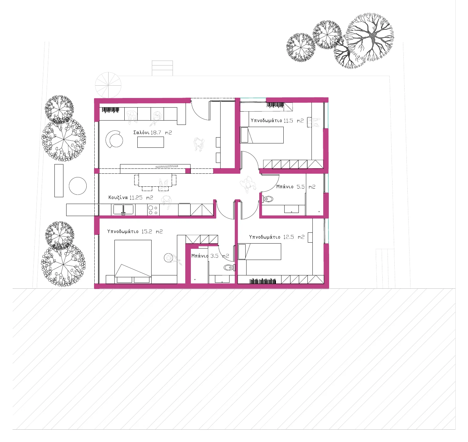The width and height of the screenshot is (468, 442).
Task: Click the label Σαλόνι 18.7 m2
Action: tap(152, 133)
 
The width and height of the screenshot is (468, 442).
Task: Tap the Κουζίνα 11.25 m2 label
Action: tap(131, 198)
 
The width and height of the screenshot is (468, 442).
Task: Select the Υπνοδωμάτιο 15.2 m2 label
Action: tap(135, 232)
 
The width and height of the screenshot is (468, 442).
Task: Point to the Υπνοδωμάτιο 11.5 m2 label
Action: tap(277, 121)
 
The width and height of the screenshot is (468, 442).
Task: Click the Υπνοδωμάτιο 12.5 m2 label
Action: tap(277, 237)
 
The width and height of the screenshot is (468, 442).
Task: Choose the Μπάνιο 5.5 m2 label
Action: tap(296, 187)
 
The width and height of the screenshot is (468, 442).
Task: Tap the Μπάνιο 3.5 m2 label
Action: tap(210, 256)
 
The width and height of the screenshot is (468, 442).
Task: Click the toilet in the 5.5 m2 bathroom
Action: tap(268, 199)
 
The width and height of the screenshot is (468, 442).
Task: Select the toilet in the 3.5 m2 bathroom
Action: tap(229, 268)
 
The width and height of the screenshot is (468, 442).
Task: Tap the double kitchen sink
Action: tap(123, 210)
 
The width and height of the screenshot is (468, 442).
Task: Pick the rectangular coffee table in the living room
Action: tap(151, 142)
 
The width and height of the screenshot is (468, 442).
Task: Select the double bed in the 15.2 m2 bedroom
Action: tap(133, 261)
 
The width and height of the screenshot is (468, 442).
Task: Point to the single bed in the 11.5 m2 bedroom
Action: tap(262, 135)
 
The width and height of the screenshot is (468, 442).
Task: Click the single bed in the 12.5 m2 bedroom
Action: tap(260, 252)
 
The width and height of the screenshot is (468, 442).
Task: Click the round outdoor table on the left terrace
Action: tap(78, 186)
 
